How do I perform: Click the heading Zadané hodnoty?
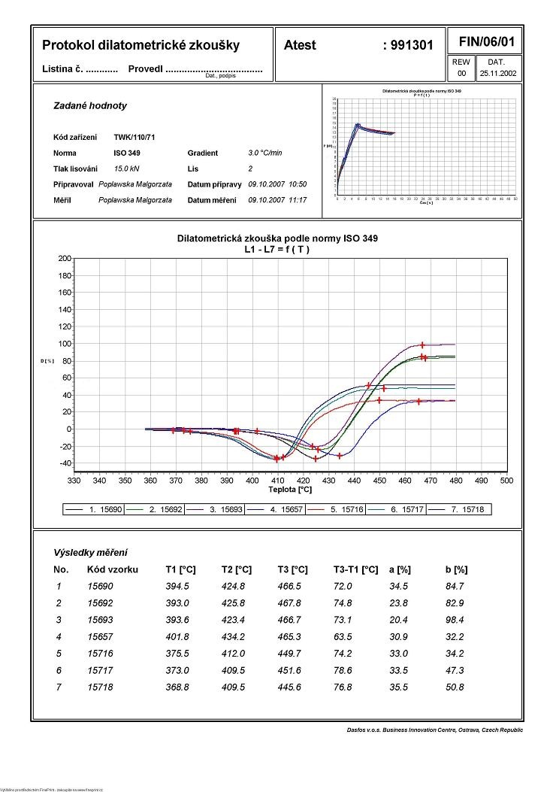90,106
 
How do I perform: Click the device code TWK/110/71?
134,138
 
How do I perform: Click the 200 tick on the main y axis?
64,259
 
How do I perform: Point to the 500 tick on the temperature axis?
506,480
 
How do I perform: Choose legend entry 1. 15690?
104,509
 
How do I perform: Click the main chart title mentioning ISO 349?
277,238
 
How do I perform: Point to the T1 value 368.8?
177,687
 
